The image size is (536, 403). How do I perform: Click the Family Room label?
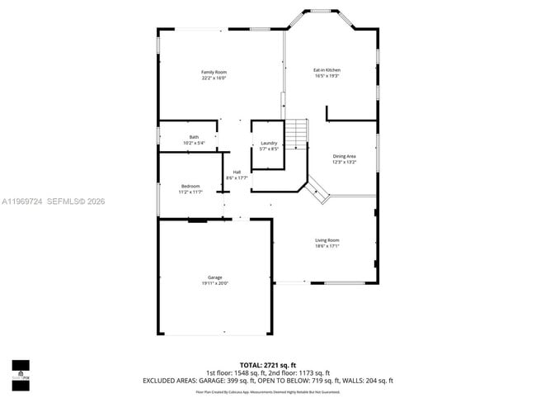pyautogui.click(x=214, y=72)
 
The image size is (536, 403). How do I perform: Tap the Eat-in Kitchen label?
pyautogui.click(x=327, y=70)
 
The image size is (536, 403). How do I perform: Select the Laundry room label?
pyautogui.click(x=269, y=143)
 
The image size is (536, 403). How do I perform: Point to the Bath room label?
pyautogui.click(x=194, y=137)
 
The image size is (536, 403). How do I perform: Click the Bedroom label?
pyautogui.click(x=190, y=187)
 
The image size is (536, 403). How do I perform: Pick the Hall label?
pyautogui.click(x=237, y=172)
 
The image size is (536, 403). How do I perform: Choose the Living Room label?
pyautogui.click(x=327, y=240)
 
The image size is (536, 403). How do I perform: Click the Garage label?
pyautogui.click(x=214, y=277)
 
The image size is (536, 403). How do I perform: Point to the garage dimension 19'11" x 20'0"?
pyautogui.click(x=214, y=283)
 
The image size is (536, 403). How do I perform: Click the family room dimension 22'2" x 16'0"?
pyautogui.click(x=214, y=78)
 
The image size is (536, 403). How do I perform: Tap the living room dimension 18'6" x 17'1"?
pyautogui.click(x=327, y=246)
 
